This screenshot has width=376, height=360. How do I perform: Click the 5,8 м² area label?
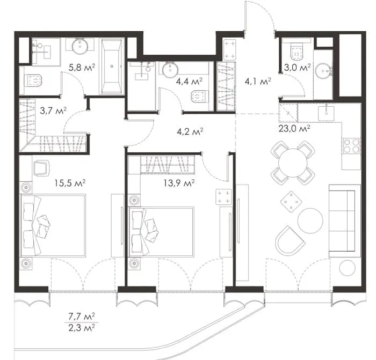[x=82, y=67]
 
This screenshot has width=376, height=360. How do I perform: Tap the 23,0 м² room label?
[x=294, y=129]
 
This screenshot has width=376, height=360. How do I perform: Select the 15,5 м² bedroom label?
[x=70, y=183]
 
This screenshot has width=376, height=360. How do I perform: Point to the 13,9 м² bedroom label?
[x=179, y=183]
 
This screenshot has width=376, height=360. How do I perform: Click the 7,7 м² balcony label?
[x=82, y=317]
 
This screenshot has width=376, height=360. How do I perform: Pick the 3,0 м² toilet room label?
[x=298, y=67]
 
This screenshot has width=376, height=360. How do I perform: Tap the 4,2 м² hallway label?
[x=190, y=131]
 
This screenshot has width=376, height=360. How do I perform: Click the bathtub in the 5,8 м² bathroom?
[x=112, y=67]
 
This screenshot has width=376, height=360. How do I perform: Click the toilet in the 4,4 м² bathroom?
[x=199, y=97]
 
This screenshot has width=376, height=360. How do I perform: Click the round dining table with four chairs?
[x=293, y=163]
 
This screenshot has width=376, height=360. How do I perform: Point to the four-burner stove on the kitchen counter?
[x=352, y=146]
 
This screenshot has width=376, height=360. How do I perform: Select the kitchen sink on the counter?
[x=326, y=113]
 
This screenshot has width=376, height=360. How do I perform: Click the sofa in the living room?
[x=345, y=221]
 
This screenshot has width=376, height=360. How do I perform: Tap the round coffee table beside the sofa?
[x=310, y=221]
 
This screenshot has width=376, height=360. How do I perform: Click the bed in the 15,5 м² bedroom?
[x=53, y=226]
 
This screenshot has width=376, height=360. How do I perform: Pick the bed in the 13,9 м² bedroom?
[x=161, y=232]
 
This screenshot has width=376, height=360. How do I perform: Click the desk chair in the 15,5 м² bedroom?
[x=41, y=168]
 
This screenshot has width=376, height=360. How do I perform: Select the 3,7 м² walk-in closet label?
[x=53, y=111]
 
